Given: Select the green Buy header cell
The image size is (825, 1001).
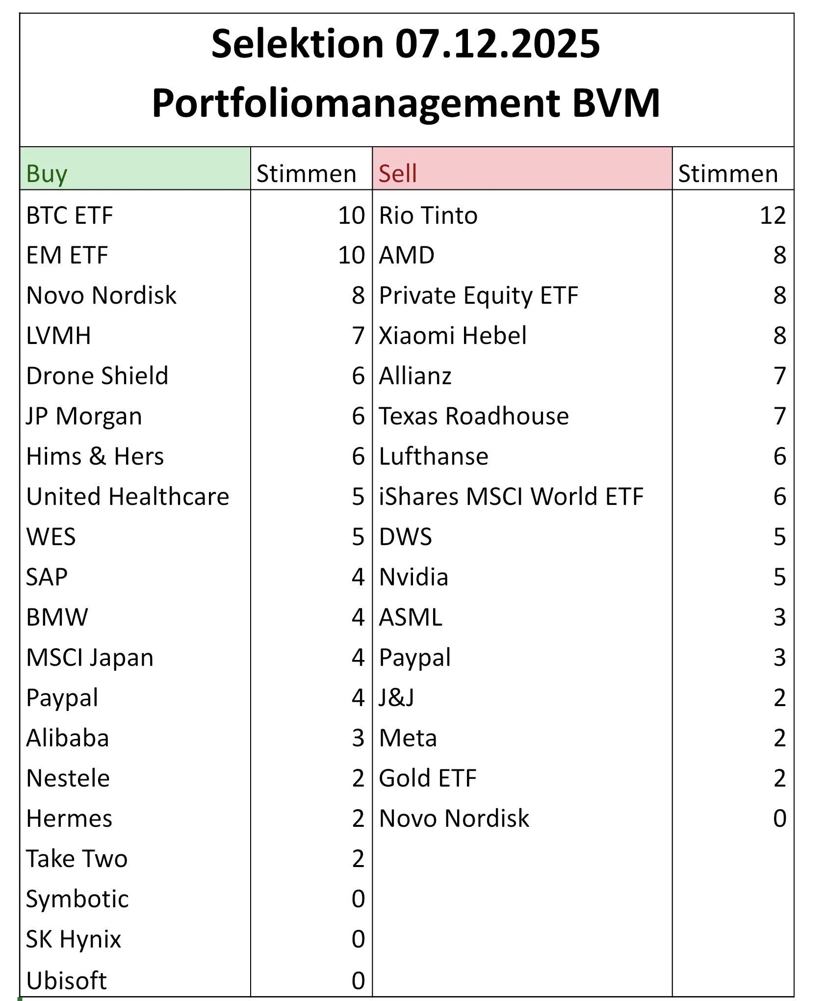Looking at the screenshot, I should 135,169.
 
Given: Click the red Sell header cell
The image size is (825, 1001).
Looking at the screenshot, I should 522,169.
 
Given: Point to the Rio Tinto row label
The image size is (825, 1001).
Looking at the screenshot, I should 428,215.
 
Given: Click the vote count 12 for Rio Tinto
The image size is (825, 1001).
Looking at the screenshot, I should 773,215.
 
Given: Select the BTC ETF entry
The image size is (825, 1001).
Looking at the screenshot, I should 69,215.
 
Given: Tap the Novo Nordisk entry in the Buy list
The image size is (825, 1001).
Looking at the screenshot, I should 101,295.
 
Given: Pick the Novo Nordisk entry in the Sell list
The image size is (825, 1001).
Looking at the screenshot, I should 454,818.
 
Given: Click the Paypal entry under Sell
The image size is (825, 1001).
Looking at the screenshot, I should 414,658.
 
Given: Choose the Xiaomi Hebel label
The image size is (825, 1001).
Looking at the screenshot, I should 452,336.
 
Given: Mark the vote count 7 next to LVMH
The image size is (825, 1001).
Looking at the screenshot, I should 358,336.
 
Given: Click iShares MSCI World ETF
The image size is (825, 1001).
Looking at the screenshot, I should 511,497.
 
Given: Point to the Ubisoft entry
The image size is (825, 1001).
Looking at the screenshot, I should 66,980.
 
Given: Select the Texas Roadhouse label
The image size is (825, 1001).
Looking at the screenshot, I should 473,416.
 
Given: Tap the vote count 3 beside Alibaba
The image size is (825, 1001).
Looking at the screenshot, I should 358,738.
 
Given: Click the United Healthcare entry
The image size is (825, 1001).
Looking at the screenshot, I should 128,497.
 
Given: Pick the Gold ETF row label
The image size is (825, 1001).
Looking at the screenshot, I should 427,778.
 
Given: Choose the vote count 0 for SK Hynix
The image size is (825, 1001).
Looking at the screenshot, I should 358,939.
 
